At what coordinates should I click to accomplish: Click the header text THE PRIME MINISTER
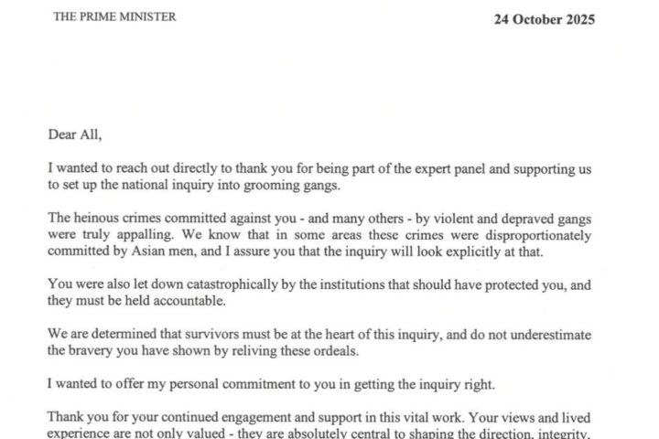click(114, 17)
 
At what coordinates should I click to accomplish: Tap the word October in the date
click(523, 19)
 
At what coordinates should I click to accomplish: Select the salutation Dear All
click(75, 134)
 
